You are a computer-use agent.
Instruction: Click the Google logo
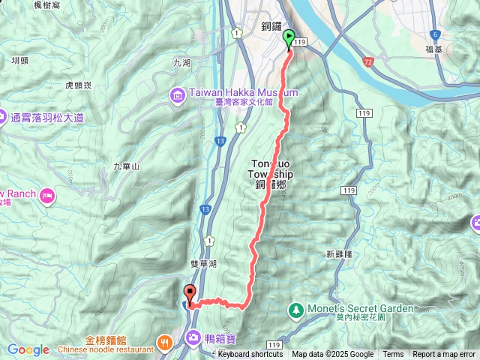28,349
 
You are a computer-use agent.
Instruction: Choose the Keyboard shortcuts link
250,354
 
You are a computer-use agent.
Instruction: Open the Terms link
393,354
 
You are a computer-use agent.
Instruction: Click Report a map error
444,354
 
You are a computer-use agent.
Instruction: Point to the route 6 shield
434,34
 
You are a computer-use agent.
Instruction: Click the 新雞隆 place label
340,254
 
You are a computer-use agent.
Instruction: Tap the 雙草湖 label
202,264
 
